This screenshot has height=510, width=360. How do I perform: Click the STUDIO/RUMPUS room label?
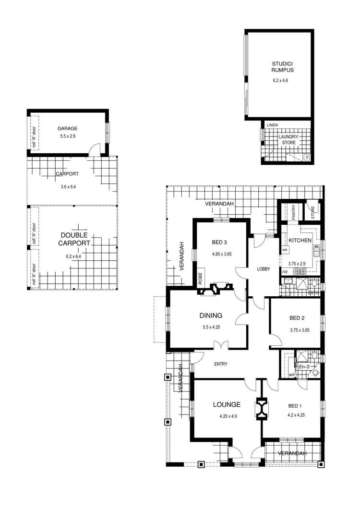pos(282,67)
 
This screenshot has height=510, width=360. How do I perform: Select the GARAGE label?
pos(67,129)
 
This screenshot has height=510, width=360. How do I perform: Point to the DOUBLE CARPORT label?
pos(74,239)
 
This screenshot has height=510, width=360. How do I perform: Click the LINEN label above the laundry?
pos(272,125)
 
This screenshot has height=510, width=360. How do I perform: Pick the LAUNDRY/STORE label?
pos(288,139)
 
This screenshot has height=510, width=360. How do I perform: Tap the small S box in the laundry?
pos(307,157)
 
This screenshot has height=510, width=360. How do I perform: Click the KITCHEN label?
pos(300,241)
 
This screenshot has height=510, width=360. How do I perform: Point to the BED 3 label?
pos(222,242)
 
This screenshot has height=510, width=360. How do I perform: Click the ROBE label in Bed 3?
pos(201,279)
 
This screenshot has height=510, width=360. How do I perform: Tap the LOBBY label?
pos(264,269)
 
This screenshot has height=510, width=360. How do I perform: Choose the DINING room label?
pos(211,316)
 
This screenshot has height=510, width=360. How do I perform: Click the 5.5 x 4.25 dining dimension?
pos(211,328)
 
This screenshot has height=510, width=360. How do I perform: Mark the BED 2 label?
pos(297,318)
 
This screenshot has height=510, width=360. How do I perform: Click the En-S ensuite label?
pos(304,367)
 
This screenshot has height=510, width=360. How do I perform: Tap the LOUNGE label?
pos(227,404)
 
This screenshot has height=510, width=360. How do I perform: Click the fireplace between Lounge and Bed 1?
pos(262,408)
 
